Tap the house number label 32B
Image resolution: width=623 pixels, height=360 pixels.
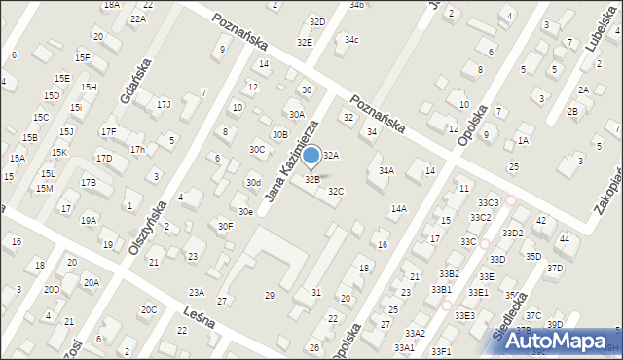tap(312, 179)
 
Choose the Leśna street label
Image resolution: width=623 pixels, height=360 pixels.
tap(200, 317)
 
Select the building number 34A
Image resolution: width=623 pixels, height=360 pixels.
tap(386, 171)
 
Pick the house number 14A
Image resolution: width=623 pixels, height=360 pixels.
tap(399, 208)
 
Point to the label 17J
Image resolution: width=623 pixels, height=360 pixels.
tap(164, 104)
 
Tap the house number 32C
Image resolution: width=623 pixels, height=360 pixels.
tap(336, 192)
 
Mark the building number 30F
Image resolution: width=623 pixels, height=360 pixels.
tap(225, 226)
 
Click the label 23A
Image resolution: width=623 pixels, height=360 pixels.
tap(197, 292)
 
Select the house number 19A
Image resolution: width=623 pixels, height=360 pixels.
tap(88, 221)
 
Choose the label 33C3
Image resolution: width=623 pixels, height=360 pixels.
tap(488, 202)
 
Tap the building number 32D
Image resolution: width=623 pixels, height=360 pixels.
tap(317, 21)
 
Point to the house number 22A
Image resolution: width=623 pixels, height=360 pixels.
tap(138, 19)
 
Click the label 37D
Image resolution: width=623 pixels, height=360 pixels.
tap(555, 268)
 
